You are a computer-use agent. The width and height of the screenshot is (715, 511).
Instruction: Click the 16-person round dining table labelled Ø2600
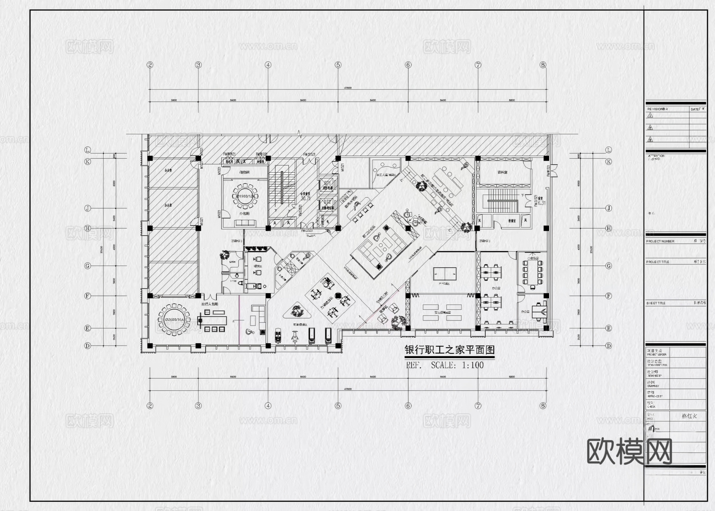coord(174,319)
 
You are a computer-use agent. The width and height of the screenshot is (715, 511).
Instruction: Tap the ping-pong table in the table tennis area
coord(444,273)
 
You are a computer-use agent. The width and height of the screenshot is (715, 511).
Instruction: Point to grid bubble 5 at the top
coord(338,65)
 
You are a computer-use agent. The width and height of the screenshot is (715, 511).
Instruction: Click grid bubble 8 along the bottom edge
coord(543,406)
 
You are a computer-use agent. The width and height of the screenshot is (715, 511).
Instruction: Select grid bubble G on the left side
coord(88,266)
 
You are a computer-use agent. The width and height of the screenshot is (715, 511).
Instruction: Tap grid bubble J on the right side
coord(609,208)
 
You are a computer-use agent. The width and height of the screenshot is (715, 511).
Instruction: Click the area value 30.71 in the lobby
coord(305,198)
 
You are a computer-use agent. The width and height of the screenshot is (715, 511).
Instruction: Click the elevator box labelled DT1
coord(328,185)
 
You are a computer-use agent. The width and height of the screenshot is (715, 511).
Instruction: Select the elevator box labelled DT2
coord(328,204)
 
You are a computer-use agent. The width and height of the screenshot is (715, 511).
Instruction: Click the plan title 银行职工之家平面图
coord(449,350)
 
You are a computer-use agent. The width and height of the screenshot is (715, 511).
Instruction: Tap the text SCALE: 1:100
coord(457,365)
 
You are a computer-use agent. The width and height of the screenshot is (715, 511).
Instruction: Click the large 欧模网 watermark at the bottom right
coord(629,451)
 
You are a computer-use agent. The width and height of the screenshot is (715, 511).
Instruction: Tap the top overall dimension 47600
coord(348,88)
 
